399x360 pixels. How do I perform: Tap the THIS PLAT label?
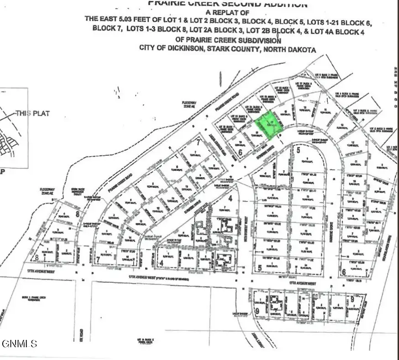pyautogui.click(x=30, y=113)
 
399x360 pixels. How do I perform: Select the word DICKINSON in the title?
pyautogui.click(x=190, y=49)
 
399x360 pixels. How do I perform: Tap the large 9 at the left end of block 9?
pyautogui.click(x=257, y=311)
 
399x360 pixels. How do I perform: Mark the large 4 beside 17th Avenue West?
pyautogui.click(x=161, y=263)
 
